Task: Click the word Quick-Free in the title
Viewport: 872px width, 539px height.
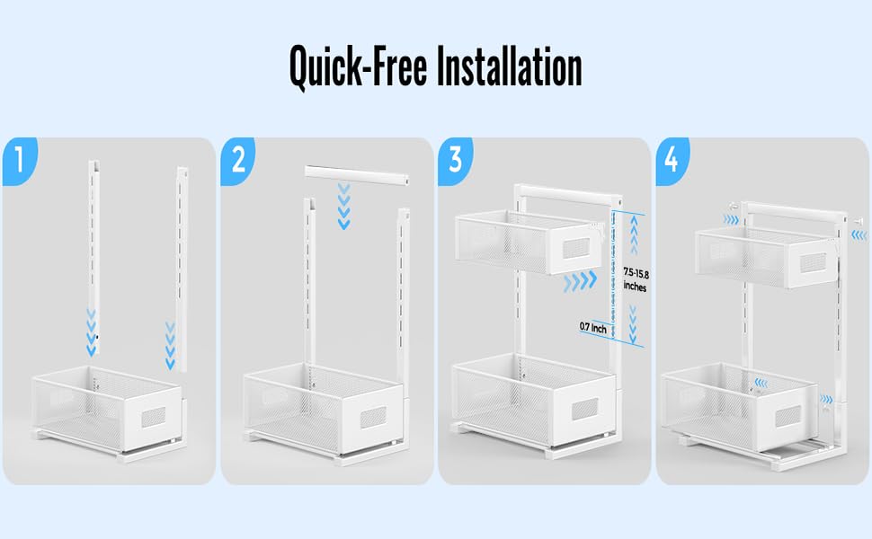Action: (358, 67)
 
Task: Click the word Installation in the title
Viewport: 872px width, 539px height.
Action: (509, 66)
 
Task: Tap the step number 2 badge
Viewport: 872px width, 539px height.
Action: (238, 161)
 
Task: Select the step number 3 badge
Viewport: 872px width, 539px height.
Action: (456, 161)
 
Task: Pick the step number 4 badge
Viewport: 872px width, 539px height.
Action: (672, 161)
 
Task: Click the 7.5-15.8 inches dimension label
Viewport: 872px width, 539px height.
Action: (636, 280)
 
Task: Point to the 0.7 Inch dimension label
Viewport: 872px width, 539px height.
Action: (592, 328)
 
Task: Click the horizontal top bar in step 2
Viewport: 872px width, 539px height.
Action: (360, 174)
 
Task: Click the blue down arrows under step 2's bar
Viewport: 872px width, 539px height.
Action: (344, 206)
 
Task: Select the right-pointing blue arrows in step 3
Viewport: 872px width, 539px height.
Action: (580, 282)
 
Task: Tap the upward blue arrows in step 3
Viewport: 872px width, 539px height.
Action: (634, 235)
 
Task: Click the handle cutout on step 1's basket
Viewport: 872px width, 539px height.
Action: (153, 416)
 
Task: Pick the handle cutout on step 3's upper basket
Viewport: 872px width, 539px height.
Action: (576, 247)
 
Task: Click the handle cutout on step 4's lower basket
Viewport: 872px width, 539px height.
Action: (788, 415)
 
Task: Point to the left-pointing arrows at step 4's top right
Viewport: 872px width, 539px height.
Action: (859, 235)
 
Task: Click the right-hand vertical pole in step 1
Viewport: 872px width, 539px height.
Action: (182, 269)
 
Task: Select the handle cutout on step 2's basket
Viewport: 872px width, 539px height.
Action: (372, 417)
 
